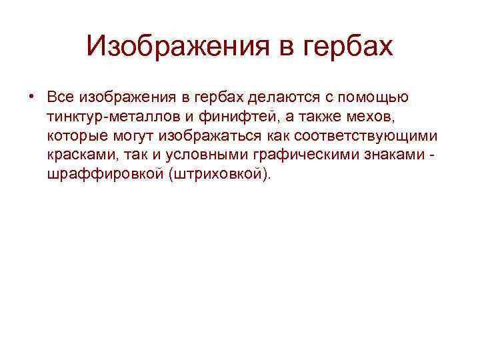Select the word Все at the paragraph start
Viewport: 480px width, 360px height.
pyautogui.click(x=61, y=97)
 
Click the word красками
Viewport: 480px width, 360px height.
pyautogui.click(x=77, y=155)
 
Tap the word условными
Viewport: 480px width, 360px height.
pyautogui.click(x=192, y=155)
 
